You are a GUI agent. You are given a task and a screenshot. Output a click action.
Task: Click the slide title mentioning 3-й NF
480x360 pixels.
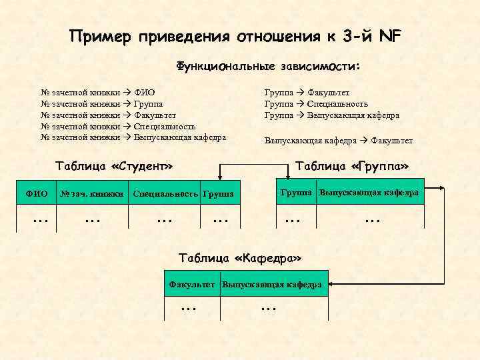pyautogui.click(x=236, y=36)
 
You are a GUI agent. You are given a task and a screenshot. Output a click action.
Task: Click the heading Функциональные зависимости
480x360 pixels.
pyautogui.click(x=268, y=67)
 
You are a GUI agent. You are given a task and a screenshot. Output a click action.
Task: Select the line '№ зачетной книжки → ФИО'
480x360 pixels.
pyautogui.click(x=98, y=93)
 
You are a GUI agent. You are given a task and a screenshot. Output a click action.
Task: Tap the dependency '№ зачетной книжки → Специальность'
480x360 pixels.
pyautogui.click(x=118, y=126)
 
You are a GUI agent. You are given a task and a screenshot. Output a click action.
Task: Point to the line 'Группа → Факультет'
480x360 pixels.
pyautogui.click(x=307, y=93)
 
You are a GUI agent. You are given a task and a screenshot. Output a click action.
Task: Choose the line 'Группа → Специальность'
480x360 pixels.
pyautogui.click(x=316, y=104)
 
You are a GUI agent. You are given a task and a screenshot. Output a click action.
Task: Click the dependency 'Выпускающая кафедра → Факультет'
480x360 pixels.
pyautogui.click(x=339, y=141)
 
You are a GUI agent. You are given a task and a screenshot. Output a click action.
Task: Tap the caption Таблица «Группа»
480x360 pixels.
pyautogui.click(x=351, y=165)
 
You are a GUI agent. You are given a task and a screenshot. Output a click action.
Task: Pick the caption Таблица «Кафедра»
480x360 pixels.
pyautogui.click(x=241, y=257)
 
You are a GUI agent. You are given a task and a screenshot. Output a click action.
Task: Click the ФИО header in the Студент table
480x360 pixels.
pyautogui.click(x=36, y=194)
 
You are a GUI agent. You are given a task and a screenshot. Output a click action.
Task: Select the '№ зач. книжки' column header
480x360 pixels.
pyautogui.click(x=92, y=194)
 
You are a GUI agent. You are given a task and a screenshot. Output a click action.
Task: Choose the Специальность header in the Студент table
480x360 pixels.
pyautogui.click(x=165, y=194)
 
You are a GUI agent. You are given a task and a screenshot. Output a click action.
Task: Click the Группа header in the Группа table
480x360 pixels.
pyautogui.click(x=297, y=193)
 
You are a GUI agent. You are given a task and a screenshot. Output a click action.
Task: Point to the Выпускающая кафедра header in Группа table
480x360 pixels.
pyautogui.click(x=369, y=193)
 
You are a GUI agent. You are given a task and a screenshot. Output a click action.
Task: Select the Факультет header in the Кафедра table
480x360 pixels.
pyautogui.click(x=192, y=285)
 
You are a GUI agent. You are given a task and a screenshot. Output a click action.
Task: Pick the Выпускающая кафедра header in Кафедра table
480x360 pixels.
pyautogui.click(x=272, y=285)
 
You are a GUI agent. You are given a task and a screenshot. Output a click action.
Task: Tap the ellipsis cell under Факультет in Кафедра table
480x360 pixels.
pyautogui.click(x=189, y=307)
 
